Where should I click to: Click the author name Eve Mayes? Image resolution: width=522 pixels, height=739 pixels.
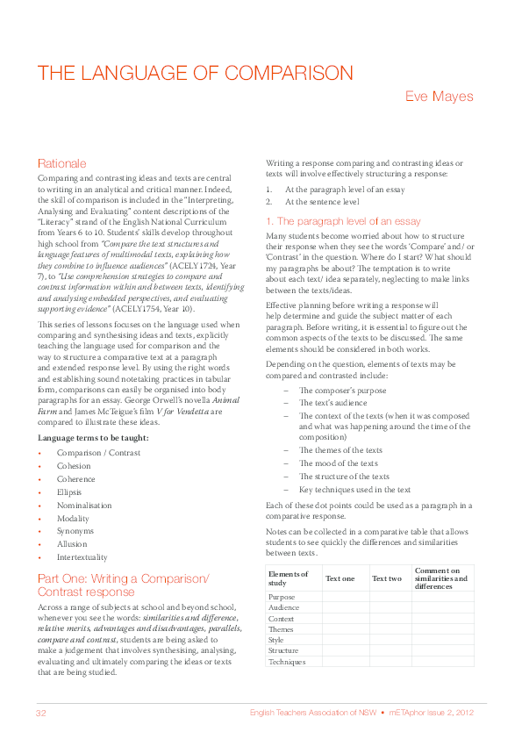click(439, 97)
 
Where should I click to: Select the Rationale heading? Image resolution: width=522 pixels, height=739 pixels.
click(61, 163)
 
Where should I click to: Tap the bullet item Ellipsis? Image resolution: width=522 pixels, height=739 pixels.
click(69, 492)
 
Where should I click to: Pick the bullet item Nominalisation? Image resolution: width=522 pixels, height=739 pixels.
click(84, 506)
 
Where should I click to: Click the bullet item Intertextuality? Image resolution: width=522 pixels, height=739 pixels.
click(83, 557)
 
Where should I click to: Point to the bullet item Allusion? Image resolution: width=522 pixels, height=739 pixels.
click(71, 544)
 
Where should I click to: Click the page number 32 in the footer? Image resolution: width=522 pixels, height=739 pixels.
click(40, 712)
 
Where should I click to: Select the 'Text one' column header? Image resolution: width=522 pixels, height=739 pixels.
click(340, 578)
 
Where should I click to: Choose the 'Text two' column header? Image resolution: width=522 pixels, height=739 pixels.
click(386, 578)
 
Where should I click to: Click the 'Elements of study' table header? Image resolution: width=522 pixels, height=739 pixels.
click(289, 578)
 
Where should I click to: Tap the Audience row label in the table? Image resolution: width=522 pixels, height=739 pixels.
click(283, 607)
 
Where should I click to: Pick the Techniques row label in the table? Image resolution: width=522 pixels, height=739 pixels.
click(287, 662)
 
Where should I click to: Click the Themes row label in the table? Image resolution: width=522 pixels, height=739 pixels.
click(281, 629)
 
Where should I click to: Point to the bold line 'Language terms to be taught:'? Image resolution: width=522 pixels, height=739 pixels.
click(93, 437)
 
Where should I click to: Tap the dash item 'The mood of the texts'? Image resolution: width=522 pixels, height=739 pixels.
click(339, 463)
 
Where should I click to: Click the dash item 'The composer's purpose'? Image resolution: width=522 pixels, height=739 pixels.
click(341, 390)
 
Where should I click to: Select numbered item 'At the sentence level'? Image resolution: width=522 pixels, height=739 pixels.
click(322, 202)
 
